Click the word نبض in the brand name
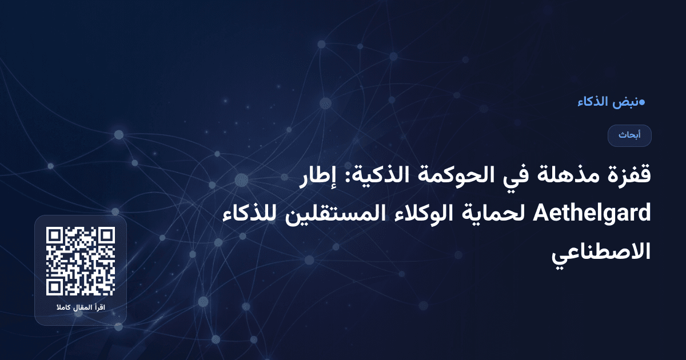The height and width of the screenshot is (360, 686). (625, 103)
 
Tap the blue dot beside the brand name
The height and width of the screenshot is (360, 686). (642, 103)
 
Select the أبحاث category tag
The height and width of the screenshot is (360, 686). (629, 135)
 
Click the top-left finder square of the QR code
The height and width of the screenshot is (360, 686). (54, 235)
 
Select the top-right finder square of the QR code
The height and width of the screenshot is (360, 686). (107, 235)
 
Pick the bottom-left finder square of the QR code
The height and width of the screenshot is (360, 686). (54, 287)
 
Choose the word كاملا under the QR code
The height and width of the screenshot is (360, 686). (62, 309)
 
